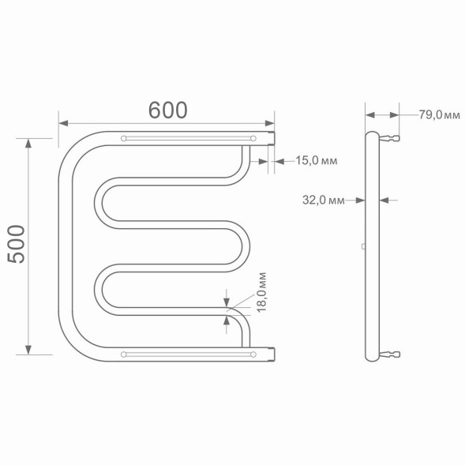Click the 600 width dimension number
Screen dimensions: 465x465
167,111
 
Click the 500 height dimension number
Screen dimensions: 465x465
17,245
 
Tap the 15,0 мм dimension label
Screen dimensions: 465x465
317,161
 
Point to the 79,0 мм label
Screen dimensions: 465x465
439,115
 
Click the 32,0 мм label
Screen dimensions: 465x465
324,200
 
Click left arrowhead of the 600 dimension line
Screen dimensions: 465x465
64,123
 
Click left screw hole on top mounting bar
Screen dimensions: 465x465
124,139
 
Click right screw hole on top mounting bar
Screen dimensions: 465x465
253,139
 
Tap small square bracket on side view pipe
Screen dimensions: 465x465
362,246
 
